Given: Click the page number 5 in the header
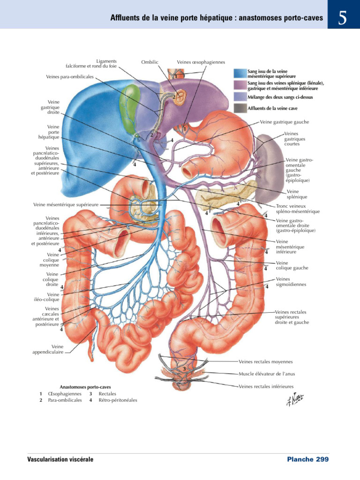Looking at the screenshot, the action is (342, 18).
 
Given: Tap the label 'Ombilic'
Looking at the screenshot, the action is (150, 62).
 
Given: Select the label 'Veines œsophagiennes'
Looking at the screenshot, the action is (201, 62).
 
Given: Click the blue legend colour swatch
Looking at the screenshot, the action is (240, 74).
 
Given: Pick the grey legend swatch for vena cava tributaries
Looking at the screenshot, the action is (240, 108).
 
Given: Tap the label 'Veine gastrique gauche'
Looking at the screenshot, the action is (285, 122).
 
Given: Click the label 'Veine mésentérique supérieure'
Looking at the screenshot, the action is (66, 205).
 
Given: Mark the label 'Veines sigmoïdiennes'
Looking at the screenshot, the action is (291, 282).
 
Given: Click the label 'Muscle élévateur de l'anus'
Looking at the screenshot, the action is (267, 374).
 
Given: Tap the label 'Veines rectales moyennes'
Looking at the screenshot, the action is (266, 362).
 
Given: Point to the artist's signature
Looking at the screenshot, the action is (295, 398).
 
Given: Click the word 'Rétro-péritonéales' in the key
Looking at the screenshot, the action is (118, 400).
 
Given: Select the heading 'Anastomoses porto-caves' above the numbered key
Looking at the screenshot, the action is (85, 387).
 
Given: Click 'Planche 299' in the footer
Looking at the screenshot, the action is (308, 459).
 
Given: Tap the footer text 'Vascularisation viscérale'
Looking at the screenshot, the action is (60, 459).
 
